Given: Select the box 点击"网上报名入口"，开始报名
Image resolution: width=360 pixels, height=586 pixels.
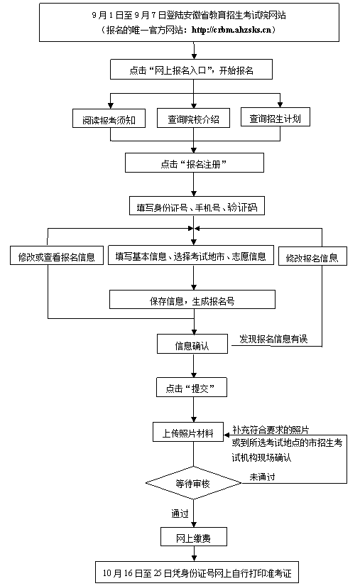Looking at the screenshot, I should [192, 70].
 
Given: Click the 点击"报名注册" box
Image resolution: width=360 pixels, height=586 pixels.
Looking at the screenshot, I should [193, 163].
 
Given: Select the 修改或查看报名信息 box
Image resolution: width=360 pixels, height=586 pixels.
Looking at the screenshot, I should [56, 256].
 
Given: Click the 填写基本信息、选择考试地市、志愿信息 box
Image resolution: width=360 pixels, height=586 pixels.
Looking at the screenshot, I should [190, 256].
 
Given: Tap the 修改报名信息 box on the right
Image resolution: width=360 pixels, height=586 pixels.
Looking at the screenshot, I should [312, 256].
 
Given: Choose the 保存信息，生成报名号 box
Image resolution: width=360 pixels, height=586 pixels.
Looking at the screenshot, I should [192, 300].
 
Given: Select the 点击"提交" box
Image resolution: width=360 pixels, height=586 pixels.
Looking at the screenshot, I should [192, 388].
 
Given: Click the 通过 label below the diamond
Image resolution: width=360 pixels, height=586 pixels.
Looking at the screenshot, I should [179, 513].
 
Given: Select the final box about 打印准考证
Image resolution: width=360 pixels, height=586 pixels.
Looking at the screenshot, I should [197, 571].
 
